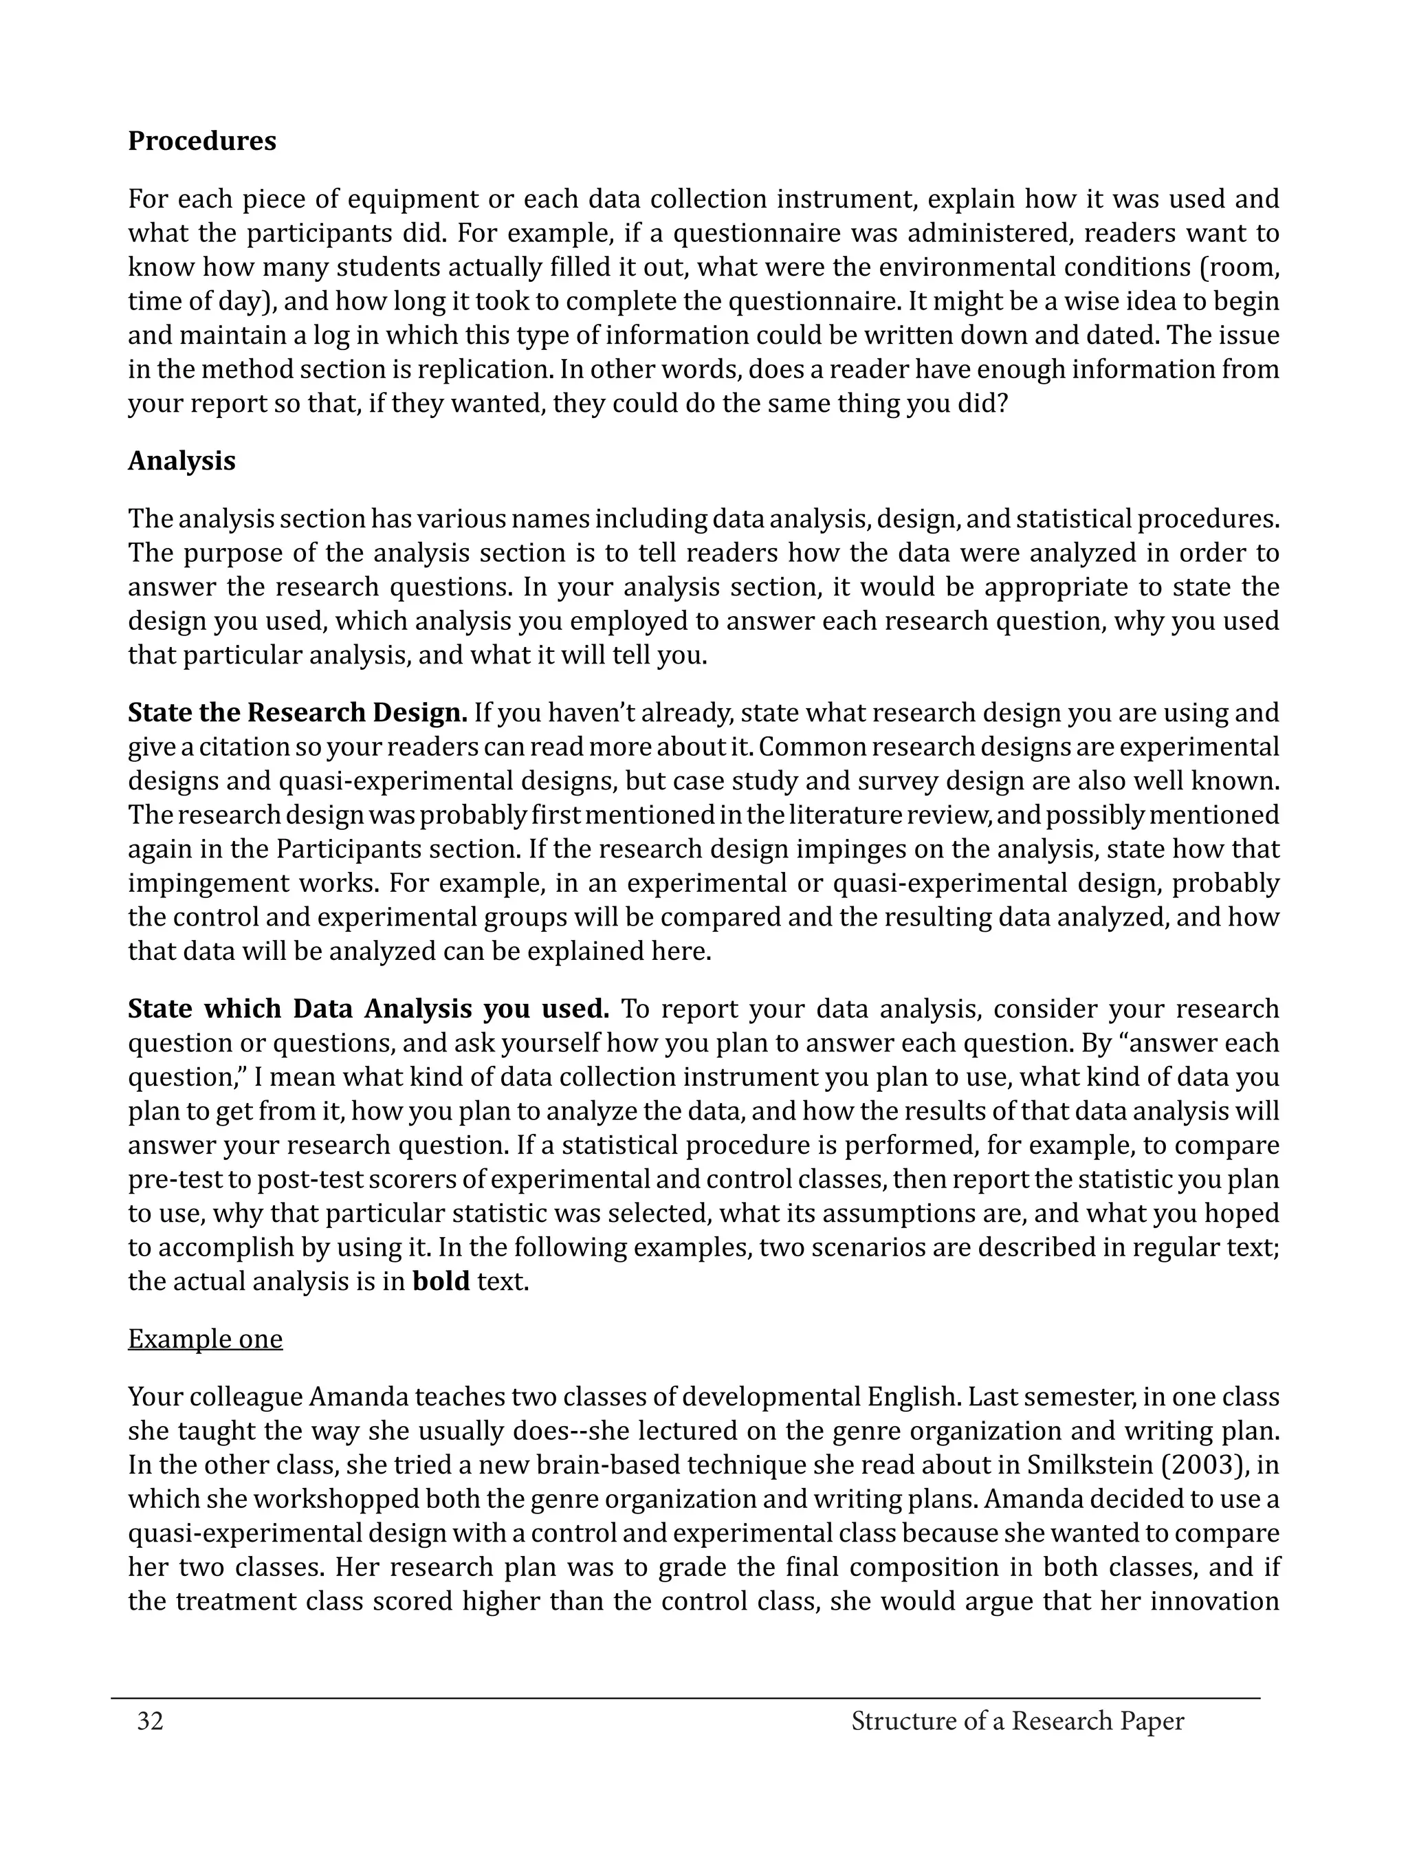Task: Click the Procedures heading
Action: click(x=201, y=140)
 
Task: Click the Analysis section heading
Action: click(x=181, y=460)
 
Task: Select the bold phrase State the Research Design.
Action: click(x=297, y=713)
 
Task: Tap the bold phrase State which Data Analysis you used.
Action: click(x=368, y=1009)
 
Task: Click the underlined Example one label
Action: click(x=205, y=1339)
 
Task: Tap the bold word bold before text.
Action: click(x=441, y=1282)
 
